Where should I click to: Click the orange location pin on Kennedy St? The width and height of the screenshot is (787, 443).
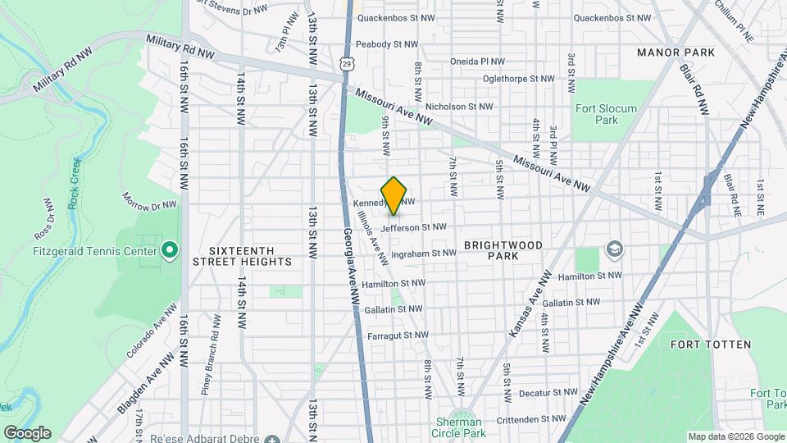394,195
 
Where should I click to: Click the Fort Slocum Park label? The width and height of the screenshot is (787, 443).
595,113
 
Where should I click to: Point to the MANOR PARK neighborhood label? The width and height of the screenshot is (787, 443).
676,53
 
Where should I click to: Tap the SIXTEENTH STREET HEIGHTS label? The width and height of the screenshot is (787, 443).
242,255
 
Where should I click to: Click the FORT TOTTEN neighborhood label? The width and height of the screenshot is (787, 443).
711,345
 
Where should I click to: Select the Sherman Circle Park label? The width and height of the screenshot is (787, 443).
460,427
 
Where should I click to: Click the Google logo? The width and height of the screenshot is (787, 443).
27,433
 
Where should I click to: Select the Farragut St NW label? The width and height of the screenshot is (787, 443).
398,335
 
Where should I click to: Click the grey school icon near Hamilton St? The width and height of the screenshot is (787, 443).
614,248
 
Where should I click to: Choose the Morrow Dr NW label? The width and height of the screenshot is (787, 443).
149,200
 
